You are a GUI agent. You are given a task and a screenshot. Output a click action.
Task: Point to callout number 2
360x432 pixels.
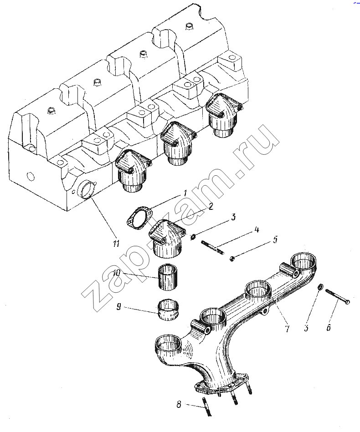pos(211,206)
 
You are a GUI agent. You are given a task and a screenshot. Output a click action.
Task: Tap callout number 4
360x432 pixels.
pos(257,230)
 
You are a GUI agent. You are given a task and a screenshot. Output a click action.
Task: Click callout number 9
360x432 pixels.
pos(118,307)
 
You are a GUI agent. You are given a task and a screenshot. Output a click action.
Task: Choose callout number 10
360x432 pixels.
pos(117,273)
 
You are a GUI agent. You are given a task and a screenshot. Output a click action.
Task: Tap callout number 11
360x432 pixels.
pos(116,244)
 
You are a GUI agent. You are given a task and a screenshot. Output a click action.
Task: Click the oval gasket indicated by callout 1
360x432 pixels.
pos(139,217)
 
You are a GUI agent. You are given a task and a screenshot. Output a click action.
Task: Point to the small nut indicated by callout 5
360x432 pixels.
pos(232,259)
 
